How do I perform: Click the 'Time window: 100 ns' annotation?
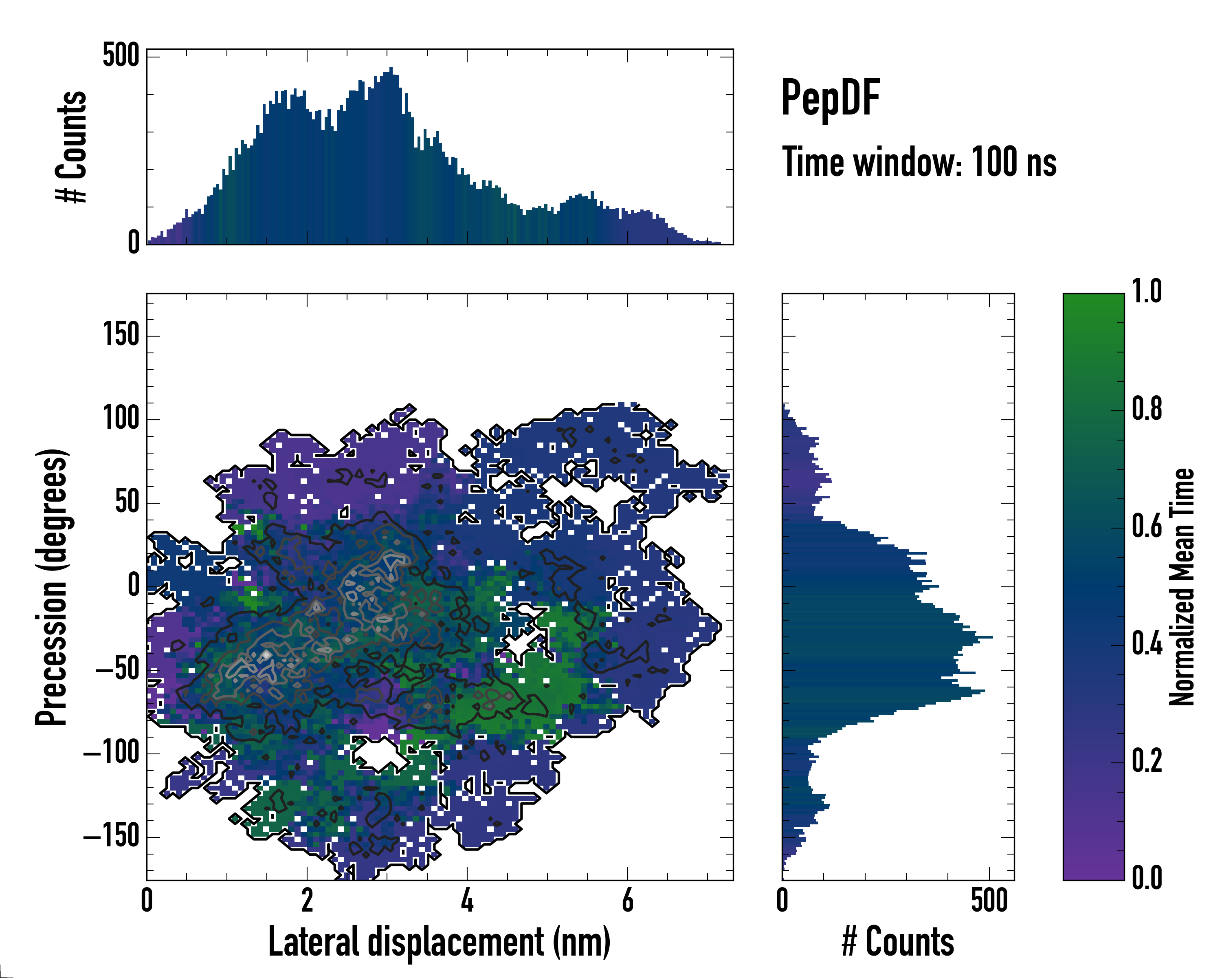[x=919, y=162]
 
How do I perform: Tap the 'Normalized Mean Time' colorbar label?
[x=1182, y=587]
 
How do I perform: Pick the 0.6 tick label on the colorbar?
[x=1147, y=526]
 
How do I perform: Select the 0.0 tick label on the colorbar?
[x=1147, y=878]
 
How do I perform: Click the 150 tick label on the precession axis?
[x=121, y=335]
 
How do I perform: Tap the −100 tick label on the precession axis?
[x=112, y=753]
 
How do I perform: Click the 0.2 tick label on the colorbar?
[x=1147, y=760]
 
